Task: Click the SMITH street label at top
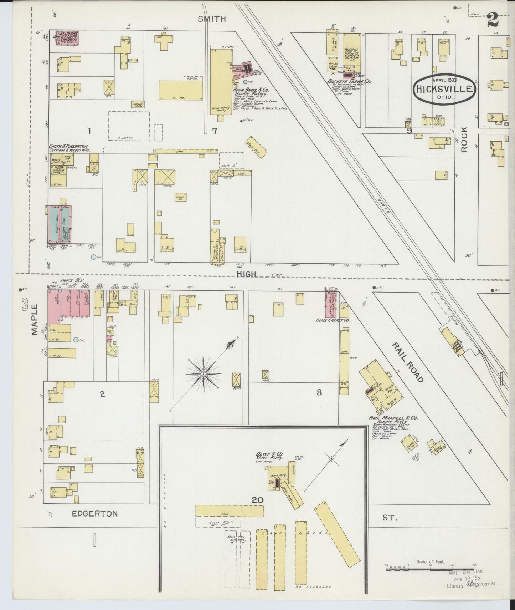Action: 212,19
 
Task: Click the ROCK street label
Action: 464,140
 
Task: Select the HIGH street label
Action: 246,274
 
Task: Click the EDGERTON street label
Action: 94,514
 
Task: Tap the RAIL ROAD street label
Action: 408,361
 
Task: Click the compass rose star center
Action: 203,374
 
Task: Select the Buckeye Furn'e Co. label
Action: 349,81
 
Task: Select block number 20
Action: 257,500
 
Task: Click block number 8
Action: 319,392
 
